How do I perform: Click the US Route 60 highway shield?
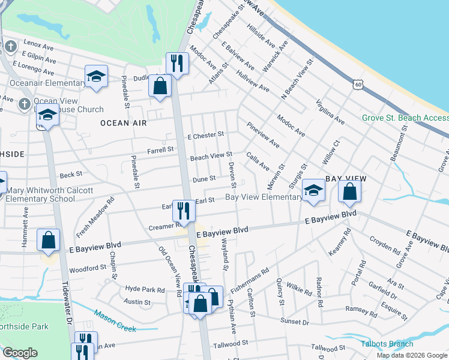[x=358, y=85]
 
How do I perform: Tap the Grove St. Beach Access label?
[x=405, y=118]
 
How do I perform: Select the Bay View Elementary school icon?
[x=313, y=190]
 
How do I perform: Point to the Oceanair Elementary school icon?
[x=95, y=77]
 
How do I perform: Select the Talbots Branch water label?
[x=387, y=344]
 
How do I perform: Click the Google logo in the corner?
[x=20, y=353]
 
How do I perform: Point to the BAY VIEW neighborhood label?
[x=345, y=179]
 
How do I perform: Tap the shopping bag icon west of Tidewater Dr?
[x=48, y=240]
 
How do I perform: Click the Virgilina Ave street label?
[x=330, y=112]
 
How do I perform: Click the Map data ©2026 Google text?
[x=411, y=355]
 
